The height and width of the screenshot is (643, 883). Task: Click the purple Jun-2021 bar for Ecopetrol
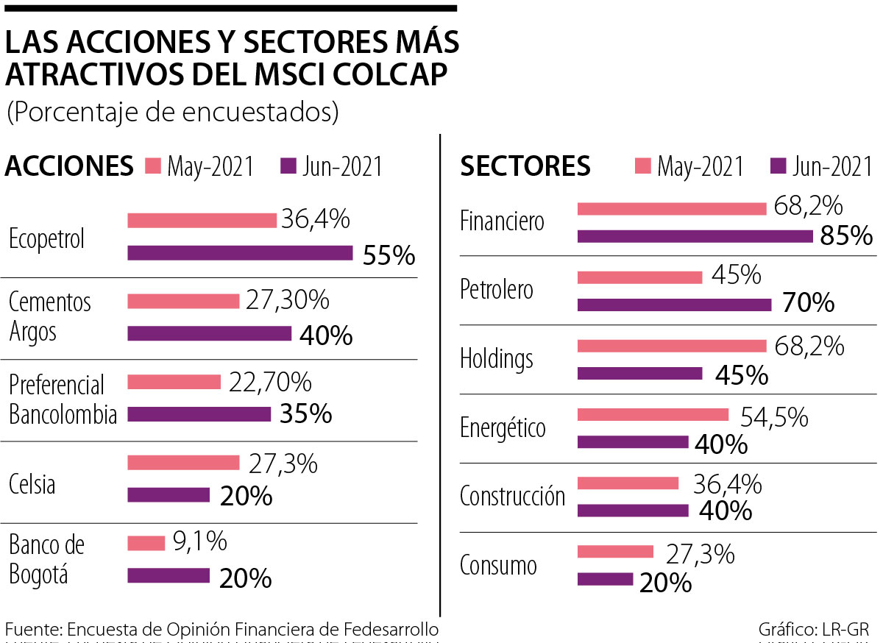pyautogui.click(x=240, y=252)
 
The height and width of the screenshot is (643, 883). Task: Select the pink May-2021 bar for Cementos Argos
pyautogui.click(x=183, y=301)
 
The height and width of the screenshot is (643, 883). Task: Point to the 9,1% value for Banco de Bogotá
pyautogui.click(x=199, y=542)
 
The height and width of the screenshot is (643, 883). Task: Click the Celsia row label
pyautogui.click(x=32, y=484)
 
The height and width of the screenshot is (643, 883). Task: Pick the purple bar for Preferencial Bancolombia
pyautogui.click(x=199, y=414)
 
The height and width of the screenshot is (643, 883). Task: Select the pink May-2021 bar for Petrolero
pyautogui.click(x=639, y=277)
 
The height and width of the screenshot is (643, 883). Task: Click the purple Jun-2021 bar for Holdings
pyautogui.click(x=639, y=373)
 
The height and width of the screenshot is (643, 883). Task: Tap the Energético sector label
pyautogui.click(x=503, y=427)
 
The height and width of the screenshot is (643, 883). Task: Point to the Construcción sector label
pyautogui.click(x=512, y=496)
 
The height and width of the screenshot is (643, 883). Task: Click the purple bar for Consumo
pyautogui.click(x=605, y=579)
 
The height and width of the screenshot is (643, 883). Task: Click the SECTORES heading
pyautogui.click(x=525, y=166)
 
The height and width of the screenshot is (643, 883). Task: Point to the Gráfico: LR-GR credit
pyautogui.click(x=814, y=630)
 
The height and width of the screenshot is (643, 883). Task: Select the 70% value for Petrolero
pyautogui.click(x=807, y=302)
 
